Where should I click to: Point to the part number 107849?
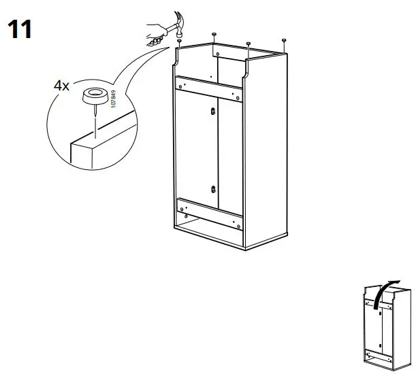click(113, 103)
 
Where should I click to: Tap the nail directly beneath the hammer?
click(178, 42)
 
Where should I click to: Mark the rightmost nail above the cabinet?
click(283, 41)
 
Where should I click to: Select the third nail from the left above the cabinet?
click(249, 44)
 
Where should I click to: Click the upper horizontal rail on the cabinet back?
click(208, 89)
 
